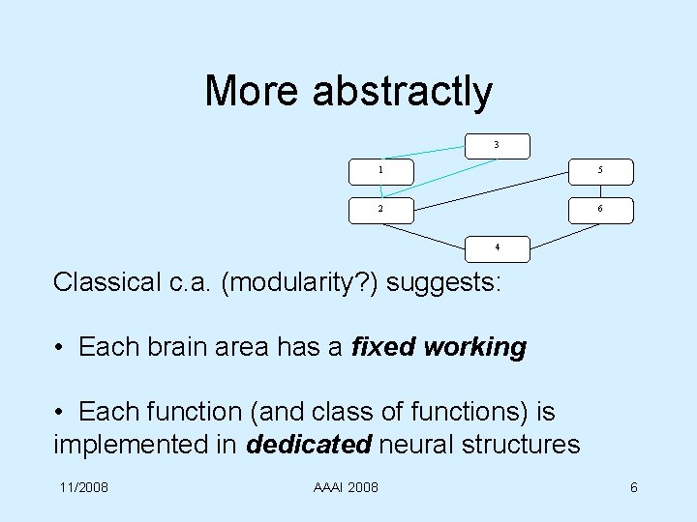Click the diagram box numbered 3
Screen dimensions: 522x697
point(497,145)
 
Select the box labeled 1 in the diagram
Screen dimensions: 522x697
point(380,171)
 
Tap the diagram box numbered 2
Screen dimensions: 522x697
point(380,209)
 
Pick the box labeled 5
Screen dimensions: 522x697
point(601,171)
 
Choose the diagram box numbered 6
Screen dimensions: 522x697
point(601,209)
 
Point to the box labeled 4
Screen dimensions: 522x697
point(497,248)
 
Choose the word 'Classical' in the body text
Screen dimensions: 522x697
point(106,283)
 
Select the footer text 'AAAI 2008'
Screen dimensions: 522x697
point(347,485)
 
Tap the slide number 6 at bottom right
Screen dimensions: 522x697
point(633,485)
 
